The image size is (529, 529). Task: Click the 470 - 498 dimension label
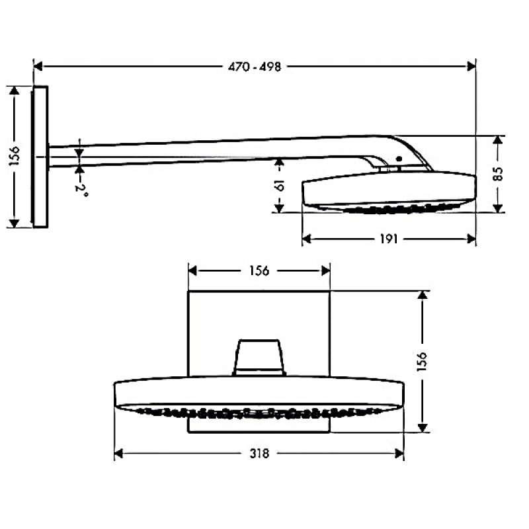pyautogui.click(x=255, y=66)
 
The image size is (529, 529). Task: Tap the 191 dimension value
pyautogui.click(x=389, y=239)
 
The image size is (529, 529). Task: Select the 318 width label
pyautogui.click(x=260, y=454)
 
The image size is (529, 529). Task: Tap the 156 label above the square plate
pyautogui.click(x=259, y=270)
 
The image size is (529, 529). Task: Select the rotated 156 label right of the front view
pyautogui.click(x=423, y=360)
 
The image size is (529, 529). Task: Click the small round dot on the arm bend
pyautogui.click(x=398, y=159)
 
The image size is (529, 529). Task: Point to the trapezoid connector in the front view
pyautogui.click(x=260, y=358)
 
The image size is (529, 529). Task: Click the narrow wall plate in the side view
pyautogui.click(x=40, y=156)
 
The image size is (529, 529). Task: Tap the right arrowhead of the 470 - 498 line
pyautogui.click(x=471, y=66)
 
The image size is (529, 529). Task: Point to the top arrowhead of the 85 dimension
pyautogui.click(x=498, y=141)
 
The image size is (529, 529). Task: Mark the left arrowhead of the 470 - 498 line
pyautogui.click(x=38, y=66)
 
